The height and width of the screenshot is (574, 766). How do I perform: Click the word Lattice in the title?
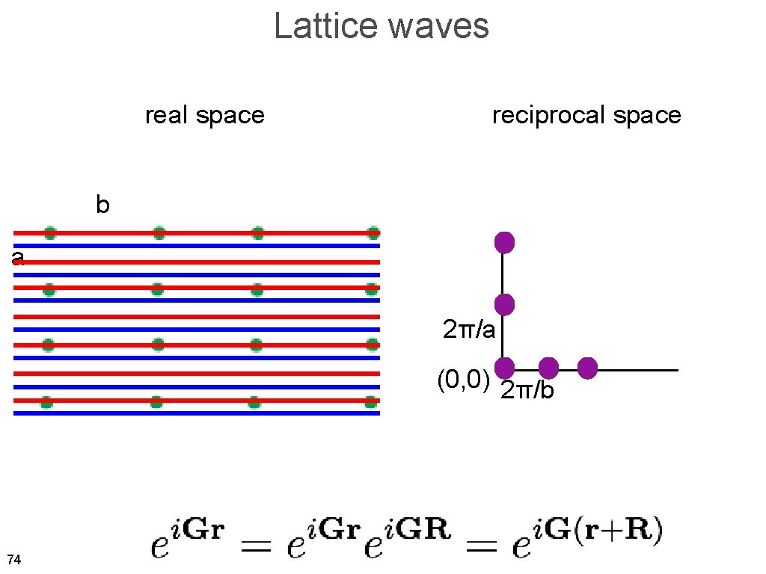pos(325,26)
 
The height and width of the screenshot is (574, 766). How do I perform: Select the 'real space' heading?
pos(204,115)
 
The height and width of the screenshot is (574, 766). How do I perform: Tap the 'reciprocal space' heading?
pos(586,115)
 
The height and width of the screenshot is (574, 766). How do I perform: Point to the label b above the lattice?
pos(102,205)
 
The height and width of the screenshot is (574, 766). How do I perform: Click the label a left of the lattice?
pos(18,259)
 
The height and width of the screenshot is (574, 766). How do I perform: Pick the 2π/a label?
pos(469,329)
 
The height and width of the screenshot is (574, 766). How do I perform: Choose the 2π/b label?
pos(527,390)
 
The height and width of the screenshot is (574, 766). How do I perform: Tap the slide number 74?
pos(13,559)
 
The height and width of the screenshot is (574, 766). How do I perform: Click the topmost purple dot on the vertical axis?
pos(504,243)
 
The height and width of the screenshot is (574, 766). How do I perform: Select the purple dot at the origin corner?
pos(504,368)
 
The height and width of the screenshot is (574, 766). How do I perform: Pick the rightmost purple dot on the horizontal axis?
pos(587,368)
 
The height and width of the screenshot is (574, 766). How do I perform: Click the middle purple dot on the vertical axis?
pos(504,304)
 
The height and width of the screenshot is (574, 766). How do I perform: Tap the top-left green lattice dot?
pos(50,232)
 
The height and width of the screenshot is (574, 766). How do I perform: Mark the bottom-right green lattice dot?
pos(370,402)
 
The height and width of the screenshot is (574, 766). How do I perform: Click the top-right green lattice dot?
pos(373,232)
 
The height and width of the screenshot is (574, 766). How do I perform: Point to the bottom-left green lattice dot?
pos(46,402)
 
